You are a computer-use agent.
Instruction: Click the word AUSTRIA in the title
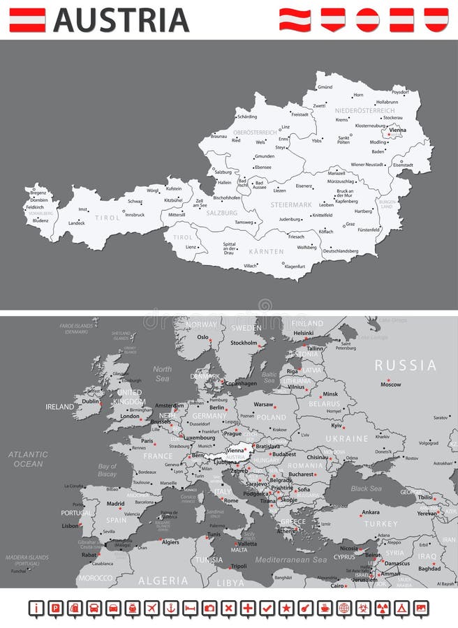121,20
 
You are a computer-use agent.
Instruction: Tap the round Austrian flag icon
367,20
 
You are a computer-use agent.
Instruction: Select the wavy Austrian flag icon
295,20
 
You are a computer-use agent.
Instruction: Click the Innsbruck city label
134,215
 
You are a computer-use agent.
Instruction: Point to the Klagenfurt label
295,267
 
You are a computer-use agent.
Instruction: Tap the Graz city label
350,224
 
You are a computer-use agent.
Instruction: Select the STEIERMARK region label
291,205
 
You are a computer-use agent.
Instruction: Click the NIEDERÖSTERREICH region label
364,111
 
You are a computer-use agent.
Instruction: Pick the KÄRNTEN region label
266,251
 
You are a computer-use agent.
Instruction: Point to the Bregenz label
38,193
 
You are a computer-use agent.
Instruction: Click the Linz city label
285,127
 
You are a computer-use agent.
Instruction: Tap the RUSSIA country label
406,365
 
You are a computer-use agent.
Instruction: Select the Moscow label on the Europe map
390,384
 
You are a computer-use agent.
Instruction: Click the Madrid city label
115,503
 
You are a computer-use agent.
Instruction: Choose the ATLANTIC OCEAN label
29,458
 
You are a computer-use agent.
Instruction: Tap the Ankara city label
371,512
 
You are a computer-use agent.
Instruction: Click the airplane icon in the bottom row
152,608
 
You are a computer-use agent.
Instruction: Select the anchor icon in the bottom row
171,608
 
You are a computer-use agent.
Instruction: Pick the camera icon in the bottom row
209,608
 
